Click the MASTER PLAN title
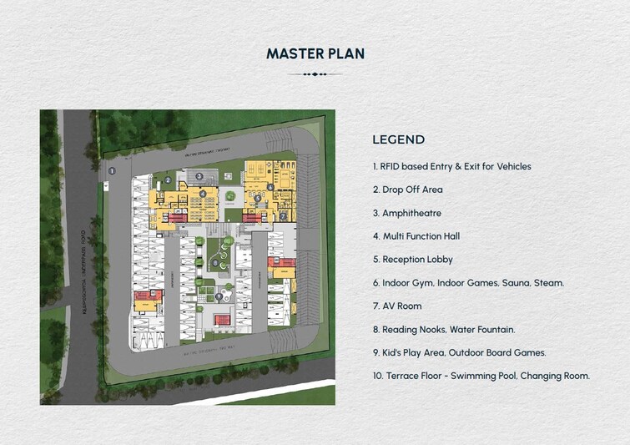[x=315, y=53]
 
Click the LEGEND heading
[x=398, y=139]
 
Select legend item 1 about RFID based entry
[x=451, y=166]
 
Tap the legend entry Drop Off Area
[x=407, y=190]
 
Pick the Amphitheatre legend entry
[x=406, y=213]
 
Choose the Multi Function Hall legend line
[x=416, y=236]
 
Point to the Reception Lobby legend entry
[x=412, y=260]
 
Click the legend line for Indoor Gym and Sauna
[x=468, y=283]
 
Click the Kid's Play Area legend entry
[x=459, y=352]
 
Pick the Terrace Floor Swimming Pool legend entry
[x=481, y=376]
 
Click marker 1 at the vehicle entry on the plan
[x=112, y=170]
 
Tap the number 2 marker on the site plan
[x=168, y=180]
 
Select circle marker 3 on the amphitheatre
[x=199, y=176]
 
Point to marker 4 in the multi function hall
[x=203, y=194]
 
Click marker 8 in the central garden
[x=215, y=263]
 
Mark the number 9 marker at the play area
[x=219, y=296]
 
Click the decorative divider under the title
[x=315, y=74]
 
